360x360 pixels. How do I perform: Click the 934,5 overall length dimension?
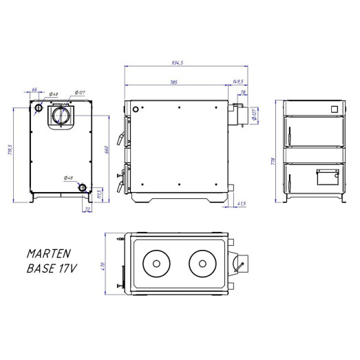point(182,63)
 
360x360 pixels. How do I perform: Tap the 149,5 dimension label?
point(238,81)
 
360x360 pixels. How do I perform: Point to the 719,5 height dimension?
point(10,149)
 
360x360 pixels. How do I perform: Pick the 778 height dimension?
point(274,161)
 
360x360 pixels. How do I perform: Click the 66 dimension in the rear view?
point(34,89)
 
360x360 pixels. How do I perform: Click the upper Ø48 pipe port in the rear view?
point(39,108)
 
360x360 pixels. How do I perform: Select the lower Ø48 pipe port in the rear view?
point(83,187)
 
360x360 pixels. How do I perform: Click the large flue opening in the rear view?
point(59,114)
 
